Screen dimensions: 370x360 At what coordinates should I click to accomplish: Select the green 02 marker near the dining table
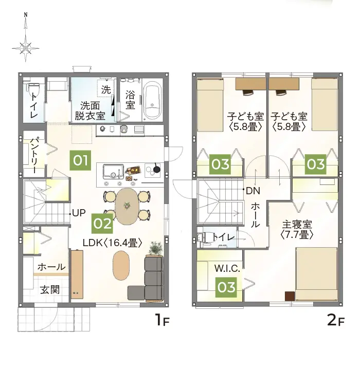102,224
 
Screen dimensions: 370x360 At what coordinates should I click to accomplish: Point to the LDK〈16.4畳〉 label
113,243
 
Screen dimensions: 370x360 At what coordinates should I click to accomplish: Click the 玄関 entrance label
50,290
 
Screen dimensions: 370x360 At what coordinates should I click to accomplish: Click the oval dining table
127,206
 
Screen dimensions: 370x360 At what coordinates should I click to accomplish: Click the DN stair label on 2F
253,191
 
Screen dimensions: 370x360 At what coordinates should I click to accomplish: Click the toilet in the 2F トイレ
206,237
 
